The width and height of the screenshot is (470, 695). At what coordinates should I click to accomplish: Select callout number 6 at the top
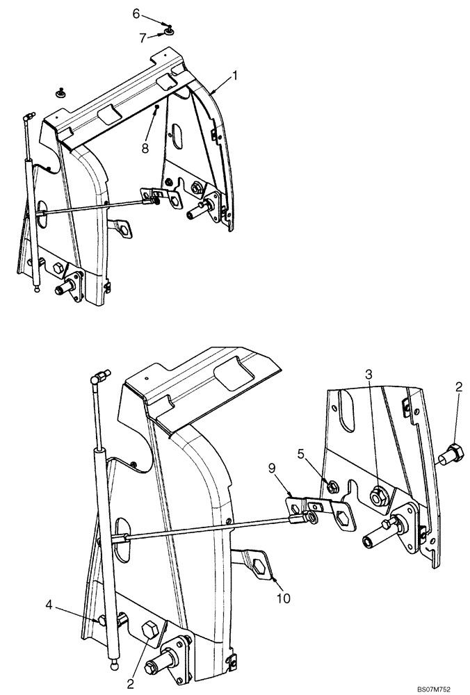point(136,13)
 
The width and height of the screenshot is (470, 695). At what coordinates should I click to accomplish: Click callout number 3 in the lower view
point(369,375)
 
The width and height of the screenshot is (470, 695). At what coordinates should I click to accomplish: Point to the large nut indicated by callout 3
point(378,495)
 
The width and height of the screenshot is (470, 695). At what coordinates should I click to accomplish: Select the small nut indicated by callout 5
point(334,484)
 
